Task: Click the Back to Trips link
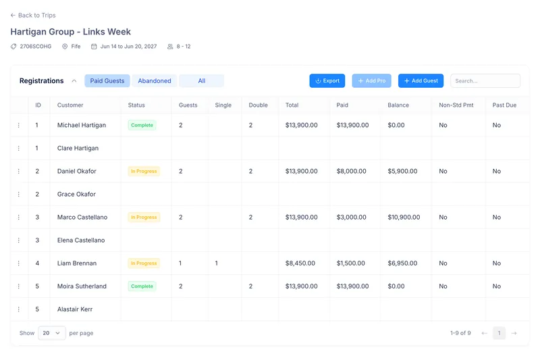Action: pyautogui.click(x=33, y=15)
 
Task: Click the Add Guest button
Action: pyautogui.click(x=421, y=80)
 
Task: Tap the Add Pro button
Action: pyautogui.click(x=372, y=80)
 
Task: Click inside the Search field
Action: pyautogui.click(x=485, y=80)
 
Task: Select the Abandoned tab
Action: pyautogui.click(x=155, y=80)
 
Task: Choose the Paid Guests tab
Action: pyautogui.click(x=107, y=80)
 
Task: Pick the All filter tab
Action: pyautogui.click(x=202, y=80)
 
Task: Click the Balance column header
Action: pyautogui.click(x=398, y=105)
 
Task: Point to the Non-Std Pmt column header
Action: pyautogui.click(x=456, y=105)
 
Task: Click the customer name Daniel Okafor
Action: pyautogui.click(x=77, y=171)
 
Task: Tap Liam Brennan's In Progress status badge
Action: pyautogui.click(x=144, y=263)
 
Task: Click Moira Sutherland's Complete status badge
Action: pyautogui.click(x=142, y=286)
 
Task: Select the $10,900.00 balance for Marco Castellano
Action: pyautogui.click(x=404, y=217)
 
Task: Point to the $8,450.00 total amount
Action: pyautogui.click(x=300, y=263)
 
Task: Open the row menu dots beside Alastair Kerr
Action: pyautogui.click(x=19, y=309)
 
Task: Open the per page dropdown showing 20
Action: pyautogui.click(x=52, y=333)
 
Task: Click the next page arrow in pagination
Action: pyautogui.click(x=514, y=333)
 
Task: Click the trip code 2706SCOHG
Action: pyautogui.click(x=36, y=47)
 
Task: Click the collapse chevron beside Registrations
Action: pyautogui.click(x=74, y=81)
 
